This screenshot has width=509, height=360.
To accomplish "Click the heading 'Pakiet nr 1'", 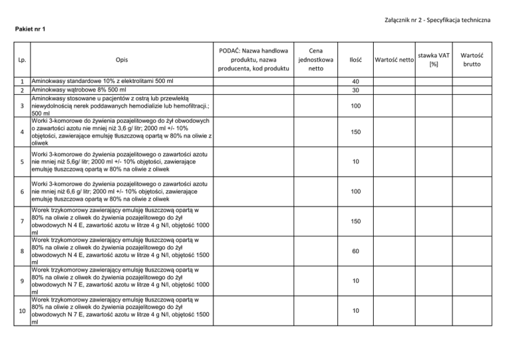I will pyautogui.click(x=33, y=29).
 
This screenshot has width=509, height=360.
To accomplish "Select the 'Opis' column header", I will pyautogui.click(x=120, y=60).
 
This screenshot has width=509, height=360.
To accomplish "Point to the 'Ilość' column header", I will pyautogui.click(x=355, y=60).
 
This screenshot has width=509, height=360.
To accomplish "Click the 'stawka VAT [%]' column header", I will pyautogui.click(x=433, y=60).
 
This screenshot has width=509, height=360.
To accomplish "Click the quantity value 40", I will pyautogui.click(x=355, y=82).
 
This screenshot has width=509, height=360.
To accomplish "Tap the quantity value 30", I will pyautogui.click(x=355, y=90).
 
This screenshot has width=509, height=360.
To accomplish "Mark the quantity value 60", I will pyautogui.click(x=355, y=252).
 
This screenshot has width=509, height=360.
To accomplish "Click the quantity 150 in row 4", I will pyautogui.click(x=355, y=133).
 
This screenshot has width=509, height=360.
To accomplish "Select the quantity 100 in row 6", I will pyautogui.click(x=355, y=192).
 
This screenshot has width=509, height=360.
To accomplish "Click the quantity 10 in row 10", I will pyautogui.click(x=355, y=311).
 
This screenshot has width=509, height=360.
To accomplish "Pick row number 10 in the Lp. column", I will pyautogui.click(x=21, y=311).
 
